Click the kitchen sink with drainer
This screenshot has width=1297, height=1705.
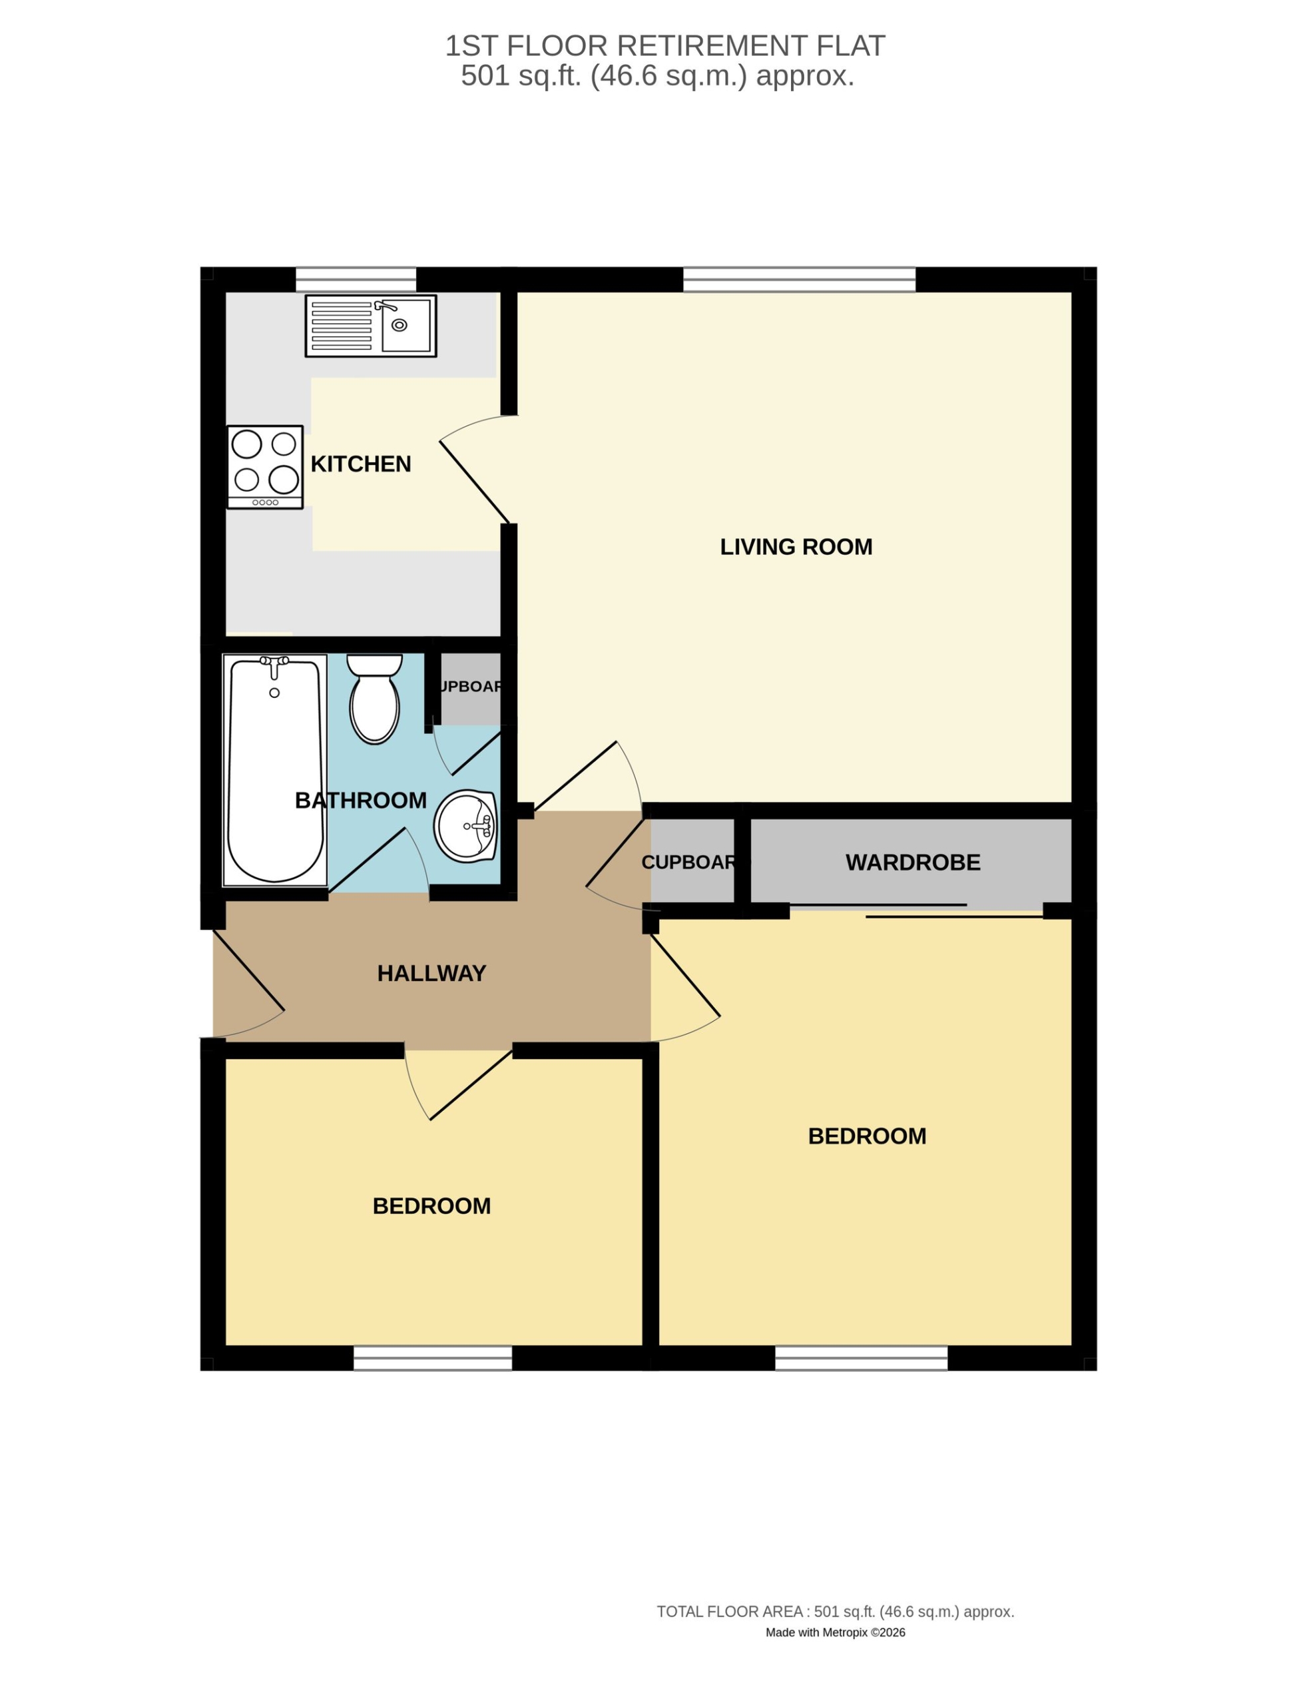pyautogui.click(x=371, y=326)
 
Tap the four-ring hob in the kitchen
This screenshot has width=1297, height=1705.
pyautogui.click(x=265, y=467)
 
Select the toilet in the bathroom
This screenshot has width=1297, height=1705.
pyautogui.click(x=374, y=699)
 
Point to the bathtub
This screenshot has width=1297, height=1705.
pyautogui.click(x=275, y=770)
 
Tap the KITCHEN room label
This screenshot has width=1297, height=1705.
pyautogui.click(x=360, y=464)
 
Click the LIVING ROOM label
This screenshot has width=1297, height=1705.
pyautogui.click(x=796, y=547)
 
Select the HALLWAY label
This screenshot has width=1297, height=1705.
pyautogui.click(x=431, y=973)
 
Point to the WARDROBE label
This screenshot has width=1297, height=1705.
pyautogui.click(x=913, y=862)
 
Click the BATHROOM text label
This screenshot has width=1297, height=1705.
pyautogui.click(x=360, y=800)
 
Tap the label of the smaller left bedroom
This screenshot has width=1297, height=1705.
pyautogui.click(x=431, y=1205)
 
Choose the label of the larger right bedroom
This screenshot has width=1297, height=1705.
pyautogui.click(x=867, y=1136)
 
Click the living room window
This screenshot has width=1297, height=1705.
pyautogui.click(x=799, y=280)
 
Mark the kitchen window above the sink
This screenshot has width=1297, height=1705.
pyautogui.click(x=356, y=280)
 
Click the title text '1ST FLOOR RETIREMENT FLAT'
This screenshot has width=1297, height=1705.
pyautogui.click(x=664, y=47)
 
